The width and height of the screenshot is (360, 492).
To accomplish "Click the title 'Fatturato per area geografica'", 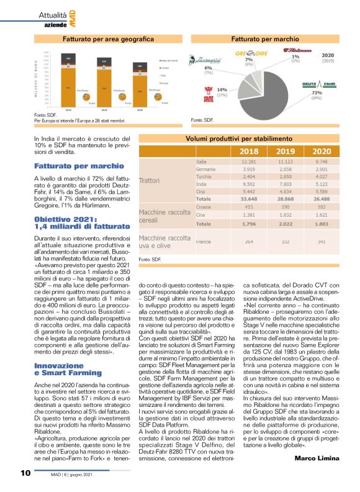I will (x=103, y=39).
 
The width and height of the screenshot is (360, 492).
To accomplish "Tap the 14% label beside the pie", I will (x=222, y=89).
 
